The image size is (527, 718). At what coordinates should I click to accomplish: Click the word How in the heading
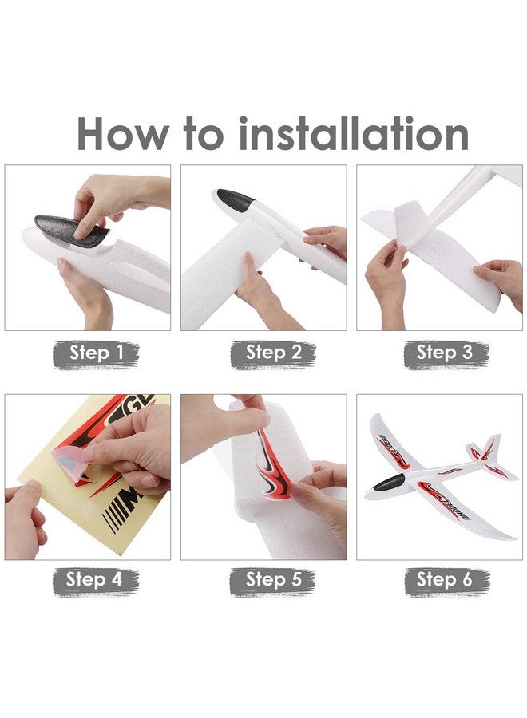coord(122,133)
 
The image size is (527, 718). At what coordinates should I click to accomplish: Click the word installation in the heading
coord(354,133)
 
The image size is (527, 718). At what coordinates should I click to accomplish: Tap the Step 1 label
coord(97,354)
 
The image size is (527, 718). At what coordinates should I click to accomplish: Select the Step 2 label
coord(273,354)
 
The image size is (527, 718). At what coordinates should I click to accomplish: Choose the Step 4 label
coord(97,581)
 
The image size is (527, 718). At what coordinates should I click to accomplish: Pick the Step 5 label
coord(273,581)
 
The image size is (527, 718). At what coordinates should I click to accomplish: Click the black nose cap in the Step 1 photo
coord(69,230)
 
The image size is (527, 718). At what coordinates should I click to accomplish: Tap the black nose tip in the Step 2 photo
coord(235,199)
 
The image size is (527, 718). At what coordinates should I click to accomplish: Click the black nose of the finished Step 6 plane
coord(389,482)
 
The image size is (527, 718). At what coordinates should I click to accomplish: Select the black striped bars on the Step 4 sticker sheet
coord(113,519)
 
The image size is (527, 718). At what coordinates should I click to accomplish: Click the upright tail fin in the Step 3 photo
coord(411,223)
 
